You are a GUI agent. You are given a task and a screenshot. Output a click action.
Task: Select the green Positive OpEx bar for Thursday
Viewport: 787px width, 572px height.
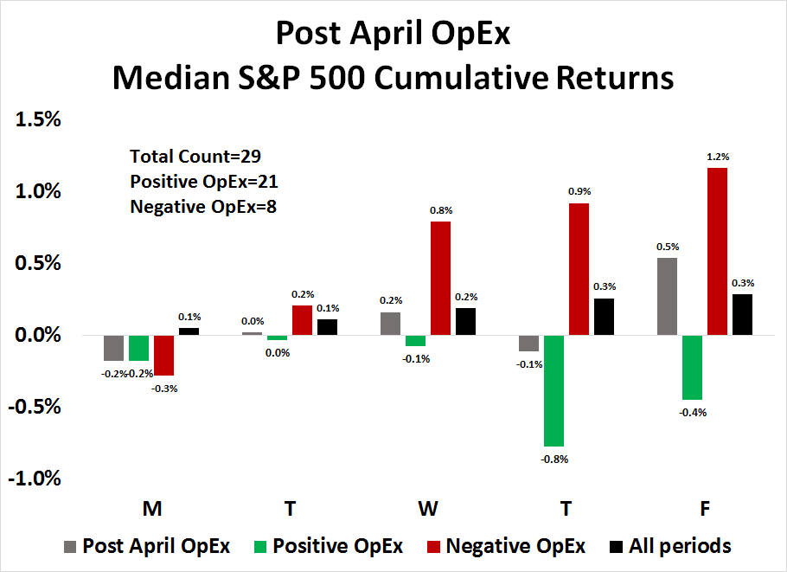[x=553, y=389]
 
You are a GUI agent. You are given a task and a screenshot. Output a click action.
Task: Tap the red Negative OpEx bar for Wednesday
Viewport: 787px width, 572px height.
[x=441, y=278]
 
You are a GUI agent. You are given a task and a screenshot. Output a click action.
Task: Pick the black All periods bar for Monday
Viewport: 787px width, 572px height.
[x=189, y=331]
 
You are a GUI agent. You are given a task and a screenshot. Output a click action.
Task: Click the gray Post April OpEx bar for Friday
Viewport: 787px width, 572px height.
[x=668, y=296]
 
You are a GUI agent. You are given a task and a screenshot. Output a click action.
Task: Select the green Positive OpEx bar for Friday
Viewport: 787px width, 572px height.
[x=693, y=367]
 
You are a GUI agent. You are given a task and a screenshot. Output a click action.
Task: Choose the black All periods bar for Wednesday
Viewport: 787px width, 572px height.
[x=466, y=321]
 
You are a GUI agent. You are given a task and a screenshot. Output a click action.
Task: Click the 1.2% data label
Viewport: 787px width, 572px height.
[x=718, y=157]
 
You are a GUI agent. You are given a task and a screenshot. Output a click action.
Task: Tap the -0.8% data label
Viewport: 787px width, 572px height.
[x=553, y=459]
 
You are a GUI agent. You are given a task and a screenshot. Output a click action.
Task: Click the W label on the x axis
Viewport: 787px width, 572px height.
[x=428, y=510]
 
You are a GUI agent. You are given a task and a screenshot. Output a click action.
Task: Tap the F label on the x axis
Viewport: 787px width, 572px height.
[x=706, y=510]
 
